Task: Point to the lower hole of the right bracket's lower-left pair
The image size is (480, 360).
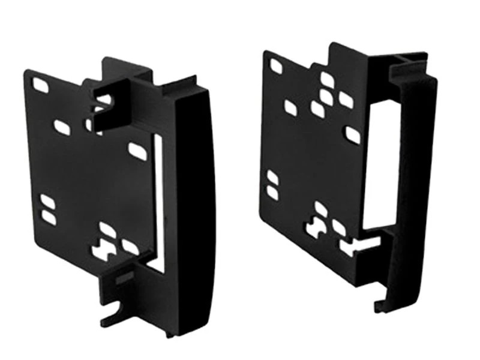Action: (x=273, y=192)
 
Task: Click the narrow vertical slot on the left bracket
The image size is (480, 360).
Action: (x=158, y=198)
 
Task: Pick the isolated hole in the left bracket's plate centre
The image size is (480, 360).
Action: (x=62, y=127)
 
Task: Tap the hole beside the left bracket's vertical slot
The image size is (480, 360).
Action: (x=137, y=151)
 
